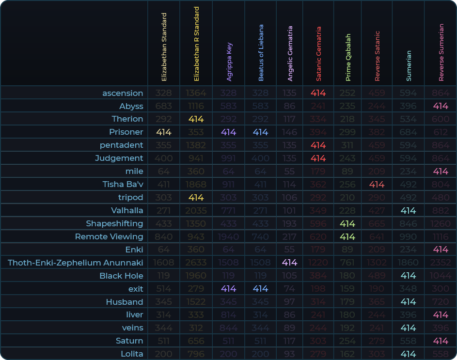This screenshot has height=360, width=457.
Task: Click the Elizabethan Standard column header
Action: pyautogui.click(x=164, y=47)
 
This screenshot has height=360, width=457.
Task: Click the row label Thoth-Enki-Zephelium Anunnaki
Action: pyautogui.click(x=76, y=263)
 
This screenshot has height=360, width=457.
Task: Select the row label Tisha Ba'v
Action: pyautogui.click(x=123, y=184)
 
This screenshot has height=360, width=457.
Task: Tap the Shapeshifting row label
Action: pyautogui.click(x=114, y=223)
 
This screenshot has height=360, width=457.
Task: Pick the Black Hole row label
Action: pyautogui.click(x=121, y=276)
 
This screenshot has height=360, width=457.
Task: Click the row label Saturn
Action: pyautogui.click(x=129, y=341)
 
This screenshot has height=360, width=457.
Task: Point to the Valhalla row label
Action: pyautogui.click(x=127, y=210)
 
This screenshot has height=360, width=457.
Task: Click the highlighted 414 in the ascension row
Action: pyautogui.click(x=318, y=93)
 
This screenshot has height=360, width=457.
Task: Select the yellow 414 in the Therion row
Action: pyautogui.click(x=196, y=119)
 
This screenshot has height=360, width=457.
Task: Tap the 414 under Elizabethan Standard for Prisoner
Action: pyautogui.click(x=164, y=132)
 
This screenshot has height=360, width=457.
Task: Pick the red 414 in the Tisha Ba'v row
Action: pyautogui.click(x=377, y=185)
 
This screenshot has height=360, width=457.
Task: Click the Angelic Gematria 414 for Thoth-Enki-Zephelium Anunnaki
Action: pyautogui.click(x=289, y=263)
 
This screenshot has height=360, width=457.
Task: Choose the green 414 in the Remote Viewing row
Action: pyautogui.click(x=347, y=237)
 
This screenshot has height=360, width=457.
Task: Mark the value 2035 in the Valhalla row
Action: pyautogui.click(x=196, y=211)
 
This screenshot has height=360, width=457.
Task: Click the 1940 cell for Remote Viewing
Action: pyautogui.click(x=229, y=237)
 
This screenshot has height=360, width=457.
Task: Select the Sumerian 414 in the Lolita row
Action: pyautogui.click(x=409, y=354)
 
